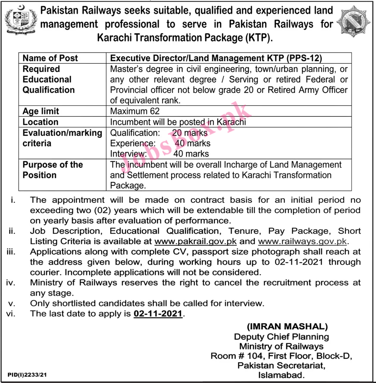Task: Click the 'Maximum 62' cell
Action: pyautogui.click(x=135, y=111)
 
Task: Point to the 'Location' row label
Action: pyautogui.click(x=41, y=122)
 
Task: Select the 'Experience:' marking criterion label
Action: pyautogui.click(x=133, y=143)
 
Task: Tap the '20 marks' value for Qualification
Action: pyautogui.click(x=189, y=133)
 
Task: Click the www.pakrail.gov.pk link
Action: pyautogui.click(x=195, y=241)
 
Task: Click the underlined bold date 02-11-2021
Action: pyautogui.click(x=157, y=314)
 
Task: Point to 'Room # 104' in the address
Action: pyautogui.click(x=238, y=356)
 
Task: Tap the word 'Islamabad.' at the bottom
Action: pyautogui.click(x=281, y=375)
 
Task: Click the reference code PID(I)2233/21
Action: pyautogui.click(x=27, y=376)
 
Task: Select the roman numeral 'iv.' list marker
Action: pyautogui.click(x=11, y=283)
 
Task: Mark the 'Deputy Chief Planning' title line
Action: pyautogui.click(x=281, y=337)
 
